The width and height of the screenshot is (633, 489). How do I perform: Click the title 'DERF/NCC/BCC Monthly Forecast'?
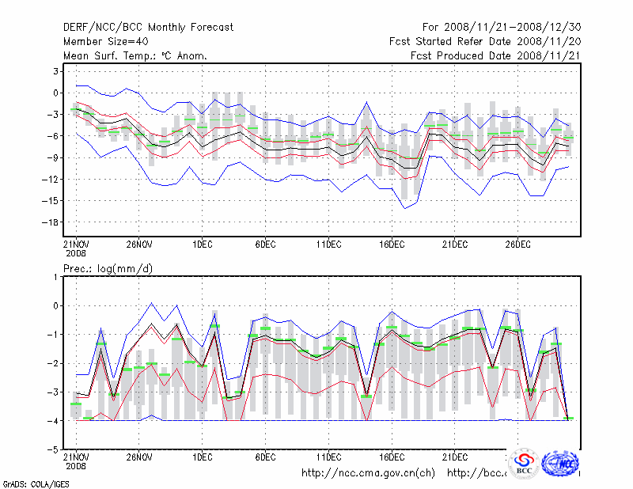(148, 28)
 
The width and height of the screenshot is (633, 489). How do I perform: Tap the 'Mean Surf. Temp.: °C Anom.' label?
(135, 55)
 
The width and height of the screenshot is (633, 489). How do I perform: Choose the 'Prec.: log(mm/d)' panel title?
(108, 269)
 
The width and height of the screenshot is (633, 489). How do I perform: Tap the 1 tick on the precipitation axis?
(55, 277)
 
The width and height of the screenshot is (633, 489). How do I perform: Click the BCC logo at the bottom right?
(524, 463)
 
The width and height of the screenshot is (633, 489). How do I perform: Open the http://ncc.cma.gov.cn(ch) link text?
(368, 473)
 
